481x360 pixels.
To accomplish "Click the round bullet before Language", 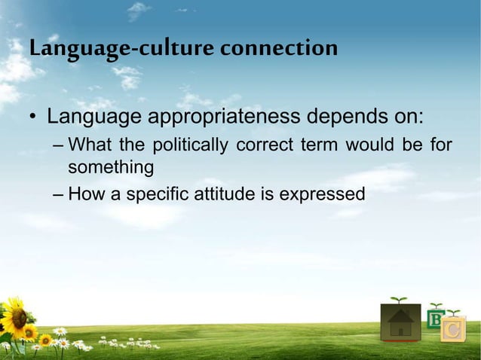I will coord(34,119).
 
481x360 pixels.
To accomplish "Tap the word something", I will coord(111,166).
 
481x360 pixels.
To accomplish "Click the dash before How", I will coord(59,194).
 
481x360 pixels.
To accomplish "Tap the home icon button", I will coord(400,322).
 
